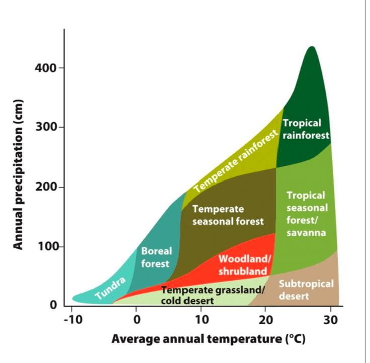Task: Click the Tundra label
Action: pos(110,289)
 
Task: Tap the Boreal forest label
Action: pos(156,257)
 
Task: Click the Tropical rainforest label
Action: pos(305,129)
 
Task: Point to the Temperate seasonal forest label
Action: pos(227,215)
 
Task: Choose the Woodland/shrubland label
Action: pos(244,265)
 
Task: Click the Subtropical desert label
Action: pos(306,290)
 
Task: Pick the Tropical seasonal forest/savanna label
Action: pos(306,214)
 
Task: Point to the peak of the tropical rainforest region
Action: pos(312,47)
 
